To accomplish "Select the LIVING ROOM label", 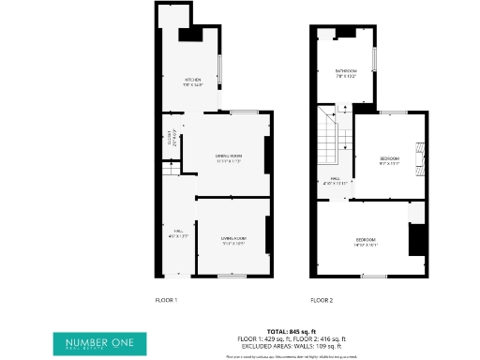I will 232,242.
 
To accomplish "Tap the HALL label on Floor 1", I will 173,234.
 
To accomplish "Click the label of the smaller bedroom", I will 389,159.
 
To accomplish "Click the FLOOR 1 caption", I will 166,300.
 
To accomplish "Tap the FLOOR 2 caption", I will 322,300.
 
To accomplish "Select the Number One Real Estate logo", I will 93,343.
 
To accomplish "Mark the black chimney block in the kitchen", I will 190,35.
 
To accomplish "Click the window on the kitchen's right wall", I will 219,69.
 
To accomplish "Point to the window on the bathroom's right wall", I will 373,58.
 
